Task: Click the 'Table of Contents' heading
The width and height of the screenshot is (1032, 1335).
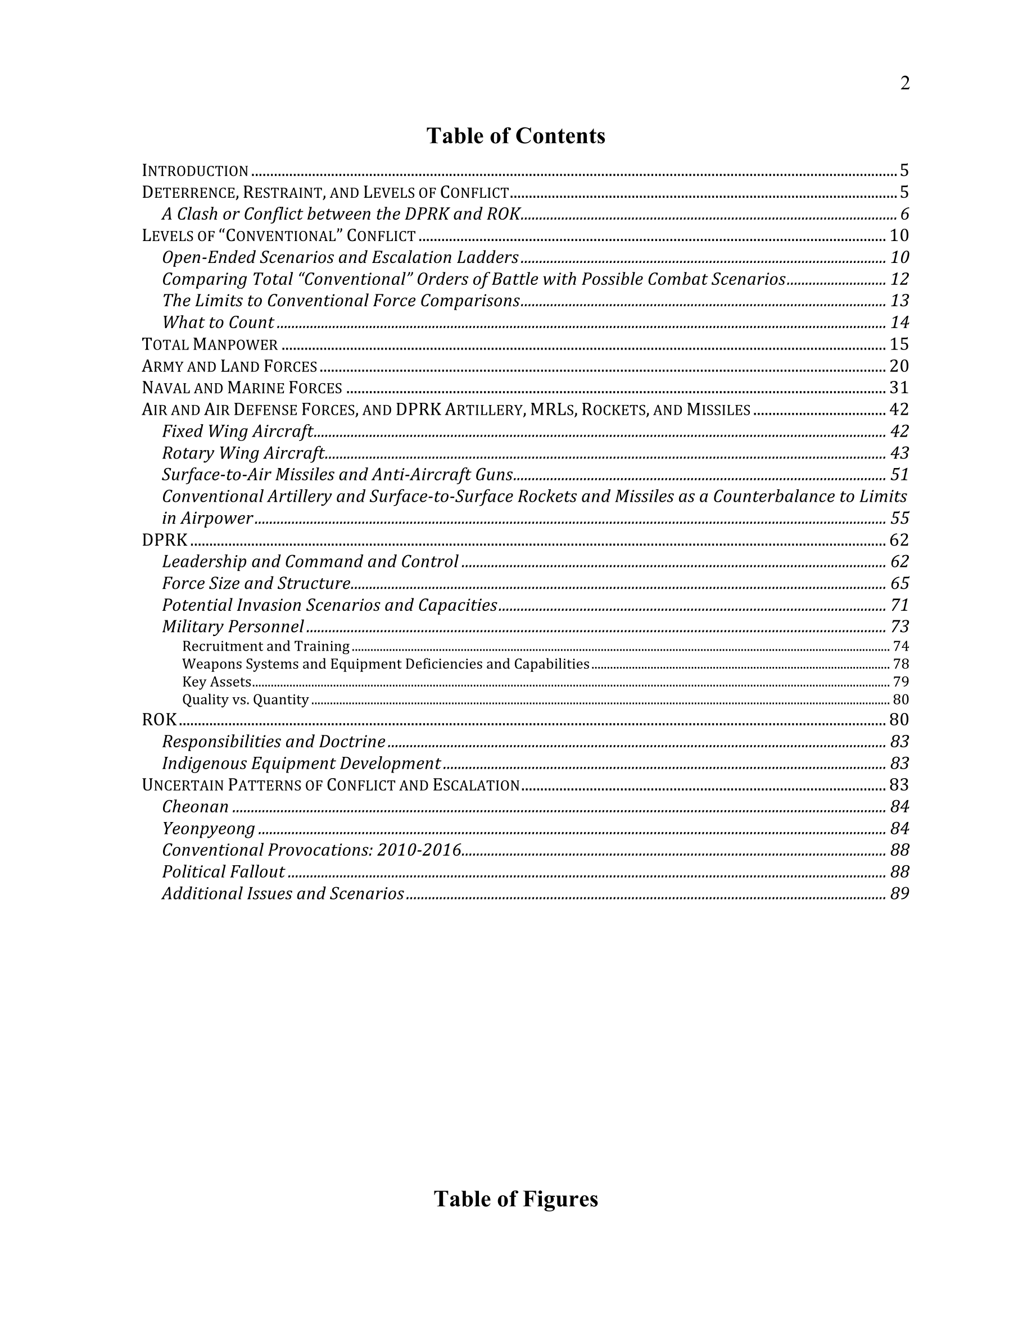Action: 515,136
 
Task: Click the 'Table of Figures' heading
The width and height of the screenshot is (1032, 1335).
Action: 515,1198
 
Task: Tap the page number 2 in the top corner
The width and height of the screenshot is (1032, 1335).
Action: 905,83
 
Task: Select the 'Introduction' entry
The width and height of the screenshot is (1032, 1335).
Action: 195,171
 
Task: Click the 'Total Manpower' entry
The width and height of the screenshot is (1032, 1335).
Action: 210,345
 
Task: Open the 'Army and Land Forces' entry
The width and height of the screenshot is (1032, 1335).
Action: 229,366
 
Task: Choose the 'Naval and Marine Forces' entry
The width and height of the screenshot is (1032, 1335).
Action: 242,388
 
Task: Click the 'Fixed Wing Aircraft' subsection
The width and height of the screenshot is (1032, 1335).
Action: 237,432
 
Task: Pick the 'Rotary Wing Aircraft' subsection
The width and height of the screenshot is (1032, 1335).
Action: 243,453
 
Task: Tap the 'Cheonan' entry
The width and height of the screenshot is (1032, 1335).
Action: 196,807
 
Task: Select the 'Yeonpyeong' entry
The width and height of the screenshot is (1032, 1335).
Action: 209,829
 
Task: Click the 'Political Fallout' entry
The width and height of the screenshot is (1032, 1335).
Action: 223,871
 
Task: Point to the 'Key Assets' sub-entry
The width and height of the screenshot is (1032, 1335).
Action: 216,682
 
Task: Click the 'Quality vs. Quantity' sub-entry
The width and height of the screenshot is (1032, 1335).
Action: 245,700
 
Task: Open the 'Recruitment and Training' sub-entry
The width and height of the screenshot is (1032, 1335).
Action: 265,646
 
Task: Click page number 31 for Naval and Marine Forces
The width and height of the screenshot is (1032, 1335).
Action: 899,388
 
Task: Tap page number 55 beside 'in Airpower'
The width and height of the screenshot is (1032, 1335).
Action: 899,519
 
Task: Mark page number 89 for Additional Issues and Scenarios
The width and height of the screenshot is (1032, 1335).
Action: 899,894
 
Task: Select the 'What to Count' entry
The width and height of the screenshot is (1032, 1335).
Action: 218,323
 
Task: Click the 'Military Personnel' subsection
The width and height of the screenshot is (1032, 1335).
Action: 233,626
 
